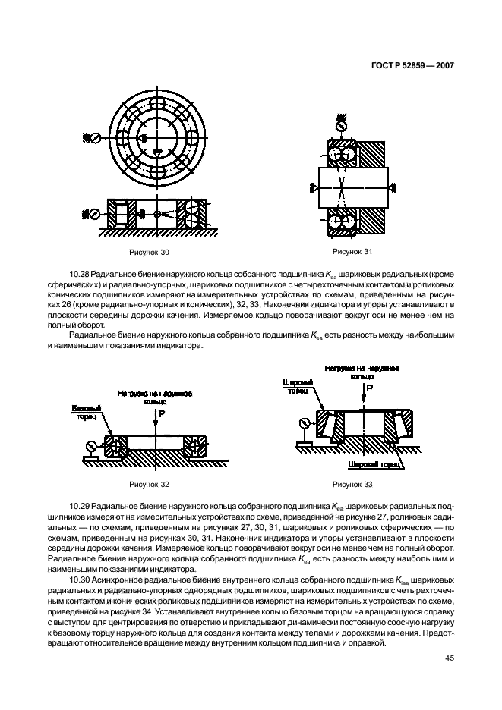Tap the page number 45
point(449,658)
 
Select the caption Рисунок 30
point(149,252)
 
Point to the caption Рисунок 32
point(149,483)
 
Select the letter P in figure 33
point(370,388)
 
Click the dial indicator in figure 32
point(92,445)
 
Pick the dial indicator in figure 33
point(304,423)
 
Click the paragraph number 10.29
point(80,504)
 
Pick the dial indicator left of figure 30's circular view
point(95,138)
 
